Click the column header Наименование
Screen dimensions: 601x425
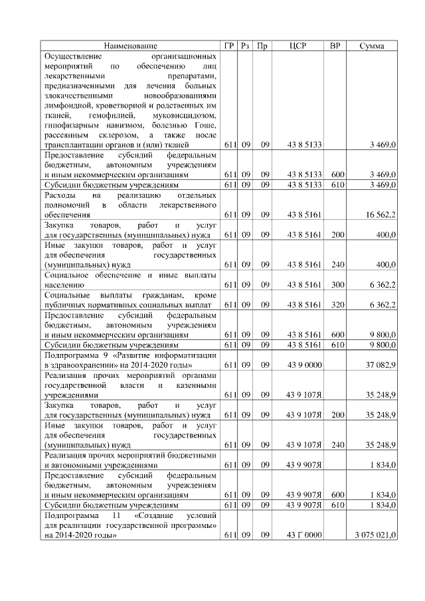131,46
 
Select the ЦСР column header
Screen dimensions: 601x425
297,46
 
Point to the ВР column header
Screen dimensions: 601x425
335,46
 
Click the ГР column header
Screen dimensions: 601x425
230,46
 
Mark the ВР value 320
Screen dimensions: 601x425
337,305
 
